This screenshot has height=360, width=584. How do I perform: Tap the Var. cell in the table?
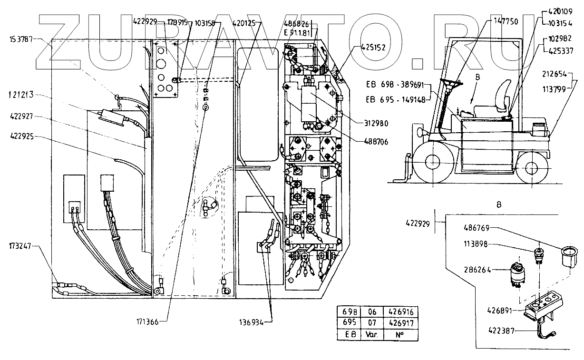(x=372, y=334)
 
